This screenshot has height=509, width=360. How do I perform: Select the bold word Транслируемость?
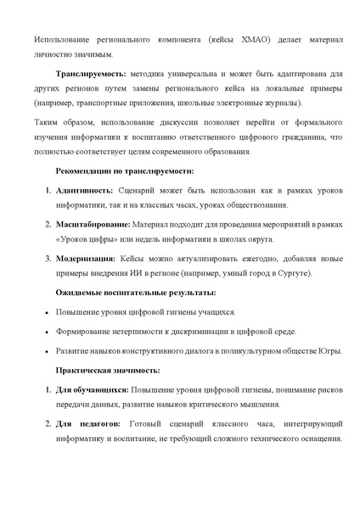click(x=91, y=73)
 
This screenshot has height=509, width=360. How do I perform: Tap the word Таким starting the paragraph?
click(x=47, y=122)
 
